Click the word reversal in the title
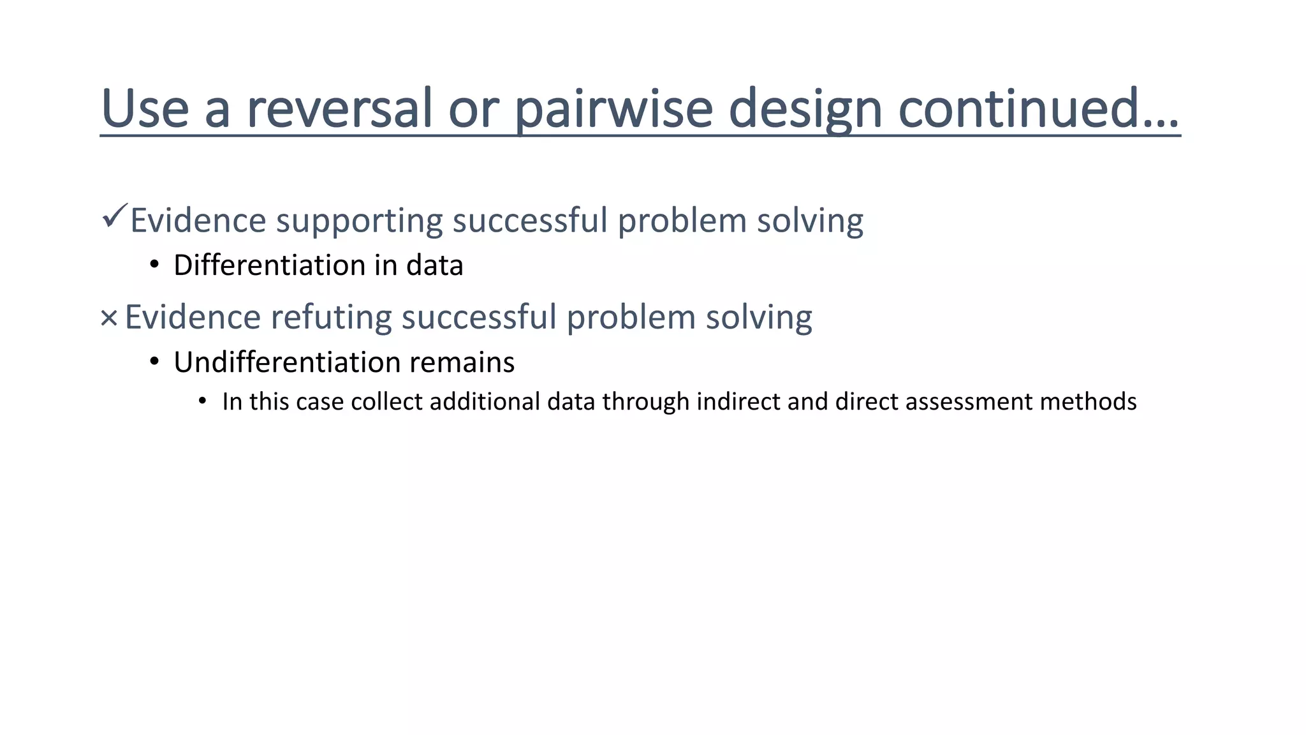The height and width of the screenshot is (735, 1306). [x=339, y=108]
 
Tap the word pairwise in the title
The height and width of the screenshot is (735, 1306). [x=613, y=108]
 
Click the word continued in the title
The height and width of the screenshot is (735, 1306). [x=1038, y=108]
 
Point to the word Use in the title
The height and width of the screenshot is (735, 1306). [x=145, y=108]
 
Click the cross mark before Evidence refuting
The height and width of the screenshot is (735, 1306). [x=109, y=318]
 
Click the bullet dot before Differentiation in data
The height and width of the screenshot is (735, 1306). [x=154, y=264]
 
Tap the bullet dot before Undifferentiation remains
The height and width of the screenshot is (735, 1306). [x=154, y=361]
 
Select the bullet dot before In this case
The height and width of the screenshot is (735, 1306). [x=202, y=401]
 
